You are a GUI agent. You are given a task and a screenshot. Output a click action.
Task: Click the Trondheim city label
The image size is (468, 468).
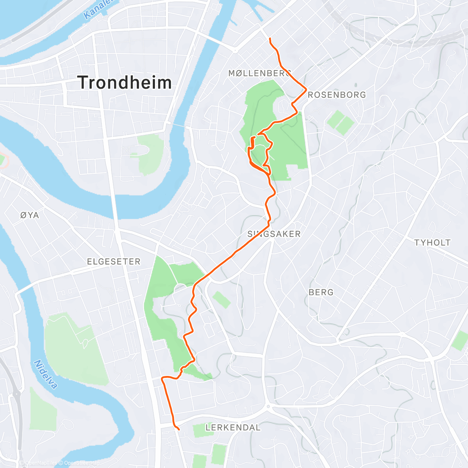point(124,83)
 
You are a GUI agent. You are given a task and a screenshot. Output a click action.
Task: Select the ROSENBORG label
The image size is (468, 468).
point(337,95)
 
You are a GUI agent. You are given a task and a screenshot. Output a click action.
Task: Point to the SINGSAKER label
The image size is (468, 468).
point(274,234)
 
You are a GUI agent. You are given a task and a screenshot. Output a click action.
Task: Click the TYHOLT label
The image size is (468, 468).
point(432,243)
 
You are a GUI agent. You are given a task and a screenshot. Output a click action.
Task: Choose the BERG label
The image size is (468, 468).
point(321,292)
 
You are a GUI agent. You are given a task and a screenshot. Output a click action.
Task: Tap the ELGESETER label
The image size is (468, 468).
point(113,261)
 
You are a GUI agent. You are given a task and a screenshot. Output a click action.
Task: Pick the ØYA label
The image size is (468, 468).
point(30,215)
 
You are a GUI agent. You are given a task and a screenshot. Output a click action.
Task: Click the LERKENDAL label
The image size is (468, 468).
point(233,427)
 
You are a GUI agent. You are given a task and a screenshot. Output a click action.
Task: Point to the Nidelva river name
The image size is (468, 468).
point(46,374)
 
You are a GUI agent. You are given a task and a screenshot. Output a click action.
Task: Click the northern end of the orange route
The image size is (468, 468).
point(270,38)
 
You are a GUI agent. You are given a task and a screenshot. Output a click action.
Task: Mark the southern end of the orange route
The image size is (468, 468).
point(179,429)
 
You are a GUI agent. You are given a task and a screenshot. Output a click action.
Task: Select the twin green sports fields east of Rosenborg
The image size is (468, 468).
point(340,122)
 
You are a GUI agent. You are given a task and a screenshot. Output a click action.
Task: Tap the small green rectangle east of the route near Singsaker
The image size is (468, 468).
point(222,300)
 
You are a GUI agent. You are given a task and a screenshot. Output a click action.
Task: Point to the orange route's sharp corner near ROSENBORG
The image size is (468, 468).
point(306,89)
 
